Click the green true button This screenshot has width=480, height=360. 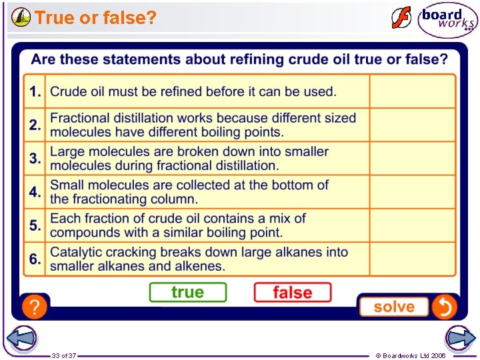point(187,293)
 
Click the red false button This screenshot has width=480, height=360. point(292,293)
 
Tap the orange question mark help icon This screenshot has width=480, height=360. point(35,307)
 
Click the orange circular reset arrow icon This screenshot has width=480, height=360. point(443,307)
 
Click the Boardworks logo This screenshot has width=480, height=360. point(447,20)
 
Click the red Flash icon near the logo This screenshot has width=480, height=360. point(401,18)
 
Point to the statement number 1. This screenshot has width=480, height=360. point(35,91)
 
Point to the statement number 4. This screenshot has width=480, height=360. point(35,192)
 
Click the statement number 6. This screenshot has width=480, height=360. point(35,259)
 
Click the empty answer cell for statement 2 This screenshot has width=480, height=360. point(413,125)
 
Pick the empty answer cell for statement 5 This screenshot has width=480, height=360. point(413,225)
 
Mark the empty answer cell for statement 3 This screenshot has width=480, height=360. point(413,158)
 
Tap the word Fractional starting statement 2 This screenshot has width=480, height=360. point(81,118)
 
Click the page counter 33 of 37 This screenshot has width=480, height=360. point(64,355)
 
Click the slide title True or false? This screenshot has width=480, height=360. point(95,18)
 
